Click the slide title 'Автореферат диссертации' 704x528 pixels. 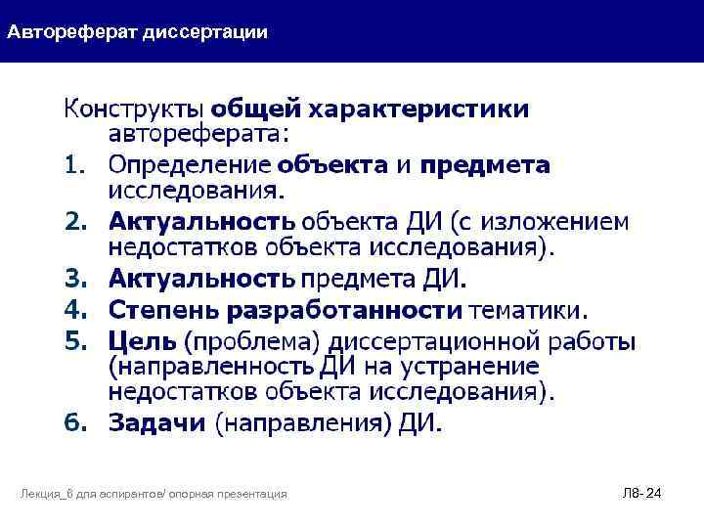tap(138, 32)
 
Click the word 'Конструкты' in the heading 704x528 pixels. tap(134, 109)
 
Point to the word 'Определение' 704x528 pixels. tap(190, 166)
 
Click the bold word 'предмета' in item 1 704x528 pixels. tap(499, 166)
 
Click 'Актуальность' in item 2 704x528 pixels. tap(200, 224)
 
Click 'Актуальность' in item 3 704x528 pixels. tap(200, 282)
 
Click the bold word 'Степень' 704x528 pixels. tap(162, 312)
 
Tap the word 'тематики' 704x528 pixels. tap(529, 312)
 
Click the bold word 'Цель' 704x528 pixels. tap(143, 342)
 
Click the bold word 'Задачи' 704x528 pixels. tap(157, 423)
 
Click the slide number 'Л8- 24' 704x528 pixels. tap(642, 494)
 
